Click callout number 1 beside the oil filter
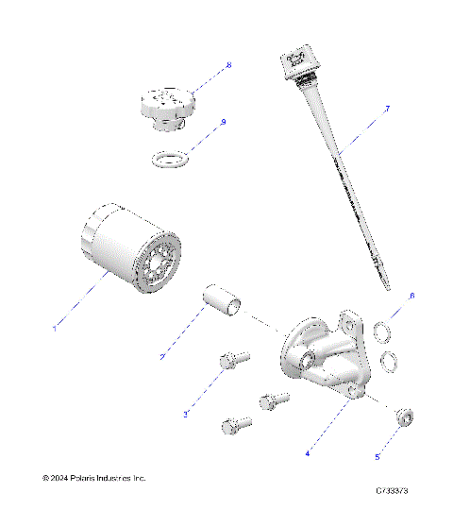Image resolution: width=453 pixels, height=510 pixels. (54, 328)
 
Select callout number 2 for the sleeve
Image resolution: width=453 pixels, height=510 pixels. (162, 357)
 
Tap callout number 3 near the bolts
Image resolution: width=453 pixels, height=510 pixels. (186, 413)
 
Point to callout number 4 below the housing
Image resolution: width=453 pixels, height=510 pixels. (307, 452)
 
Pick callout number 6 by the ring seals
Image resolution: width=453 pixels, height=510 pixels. (411, 297)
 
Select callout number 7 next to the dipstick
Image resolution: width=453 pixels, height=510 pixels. (387, 110)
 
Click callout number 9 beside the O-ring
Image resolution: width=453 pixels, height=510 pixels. (223, 122)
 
